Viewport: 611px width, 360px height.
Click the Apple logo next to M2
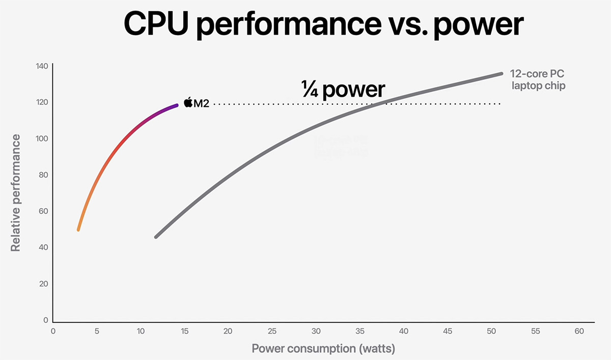(188, 103)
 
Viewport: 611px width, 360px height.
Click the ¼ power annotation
(342, 90)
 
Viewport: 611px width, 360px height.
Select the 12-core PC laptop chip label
(538, 80)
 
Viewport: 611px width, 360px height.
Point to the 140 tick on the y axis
(42, 66)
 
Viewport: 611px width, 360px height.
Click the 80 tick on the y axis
(43, 175)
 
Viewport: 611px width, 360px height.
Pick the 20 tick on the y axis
(43, 284)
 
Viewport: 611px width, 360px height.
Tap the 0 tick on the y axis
(46, 320)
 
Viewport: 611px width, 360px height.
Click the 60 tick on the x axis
(579, 331)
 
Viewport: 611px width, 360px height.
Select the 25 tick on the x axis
(272, 331)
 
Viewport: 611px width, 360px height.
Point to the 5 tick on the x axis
(97, 331)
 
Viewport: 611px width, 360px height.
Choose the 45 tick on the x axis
(448, 331)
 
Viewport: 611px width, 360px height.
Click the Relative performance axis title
(16, 193)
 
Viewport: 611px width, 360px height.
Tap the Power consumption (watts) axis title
(323, 349)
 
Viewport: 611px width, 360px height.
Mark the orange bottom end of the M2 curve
(78, 229)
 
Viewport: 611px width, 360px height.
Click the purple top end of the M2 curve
(176, 105)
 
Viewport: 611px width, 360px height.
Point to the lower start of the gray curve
(156, 236)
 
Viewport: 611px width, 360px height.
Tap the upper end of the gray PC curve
(501, 74)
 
